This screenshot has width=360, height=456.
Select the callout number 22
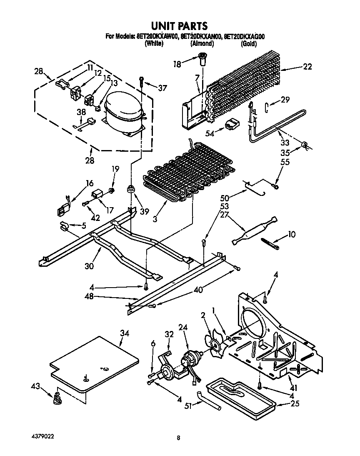click(307, 67)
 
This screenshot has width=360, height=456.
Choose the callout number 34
click(125, 333)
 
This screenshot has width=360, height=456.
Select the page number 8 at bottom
click(178, 438)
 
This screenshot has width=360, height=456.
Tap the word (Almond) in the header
click(202, 43)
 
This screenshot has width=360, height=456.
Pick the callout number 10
click(292, 235)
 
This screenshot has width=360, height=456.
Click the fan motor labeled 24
click(190, 358)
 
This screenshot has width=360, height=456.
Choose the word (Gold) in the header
click(249, 43)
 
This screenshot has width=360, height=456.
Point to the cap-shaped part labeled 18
click(203, 59)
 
